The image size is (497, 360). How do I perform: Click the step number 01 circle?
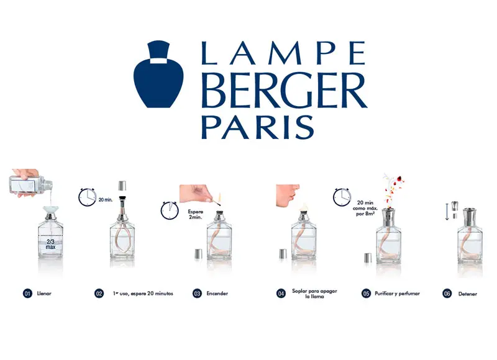pos(27,294)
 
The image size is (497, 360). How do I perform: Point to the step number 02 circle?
pos(99,294)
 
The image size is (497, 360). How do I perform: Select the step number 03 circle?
pos(198,294)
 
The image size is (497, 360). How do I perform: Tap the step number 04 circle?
pos(281,294)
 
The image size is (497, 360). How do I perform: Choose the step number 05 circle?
pos(367,294)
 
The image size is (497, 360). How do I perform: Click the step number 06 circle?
pos(447,294)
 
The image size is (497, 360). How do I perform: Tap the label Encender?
pos(217,294)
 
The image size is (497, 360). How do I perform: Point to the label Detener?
pos(468,294)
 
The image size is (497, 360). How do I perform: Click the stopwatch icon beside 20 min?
pos(88,197)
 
